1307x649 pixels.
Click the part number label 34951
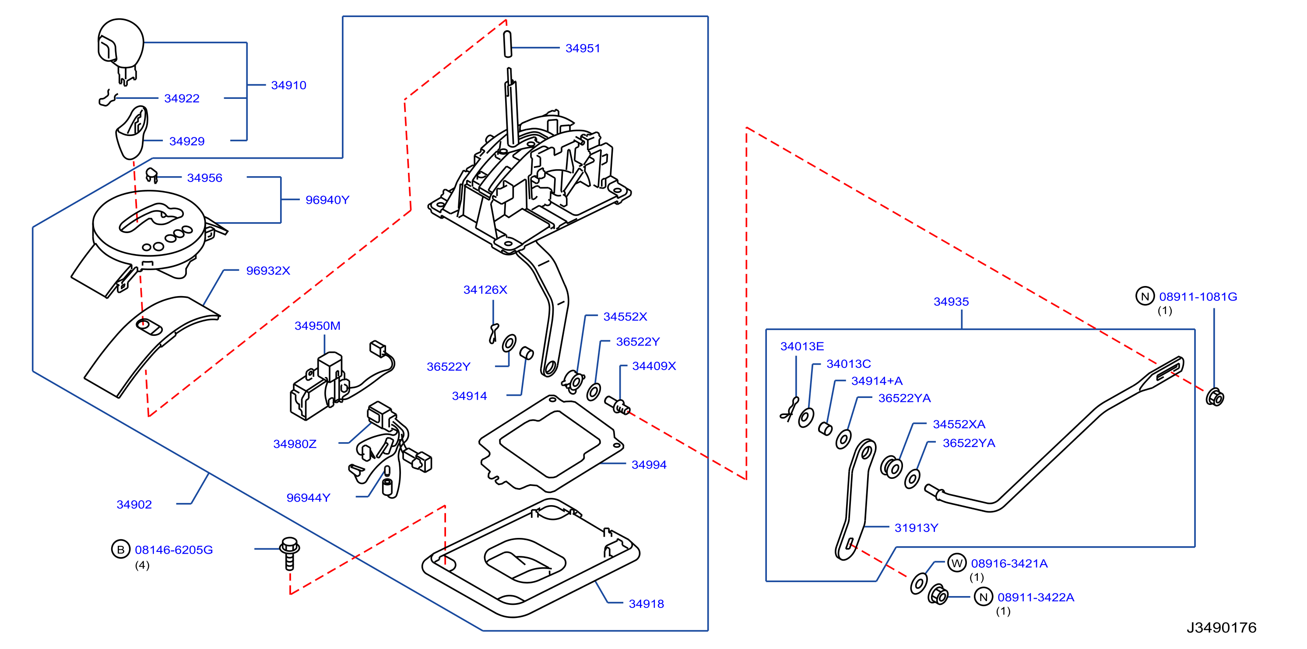583,48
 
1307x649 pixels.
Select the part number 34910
289,85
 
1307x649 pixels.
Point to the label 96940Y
327,200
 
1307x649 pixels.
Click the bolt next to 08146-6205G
290,553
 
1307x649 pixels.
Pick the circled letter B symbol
121,549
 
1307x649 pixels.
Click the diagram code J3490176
1221,628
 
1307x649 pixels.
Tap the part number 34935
951,302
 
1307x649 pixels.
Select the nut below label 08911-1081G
1215,397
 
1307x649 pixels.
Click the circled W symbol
957,563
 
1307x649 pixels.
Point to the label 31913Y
916,528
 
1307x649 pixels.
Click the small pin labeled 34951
507,44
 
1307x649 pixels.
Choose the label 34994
649,464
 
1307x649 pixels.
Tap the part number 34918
646,604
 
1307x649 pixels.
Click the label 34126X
485,290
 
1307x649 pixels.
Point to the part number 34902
134,505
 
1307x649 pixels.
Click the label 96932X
268,271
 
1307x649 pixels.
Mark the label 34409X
654,366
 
